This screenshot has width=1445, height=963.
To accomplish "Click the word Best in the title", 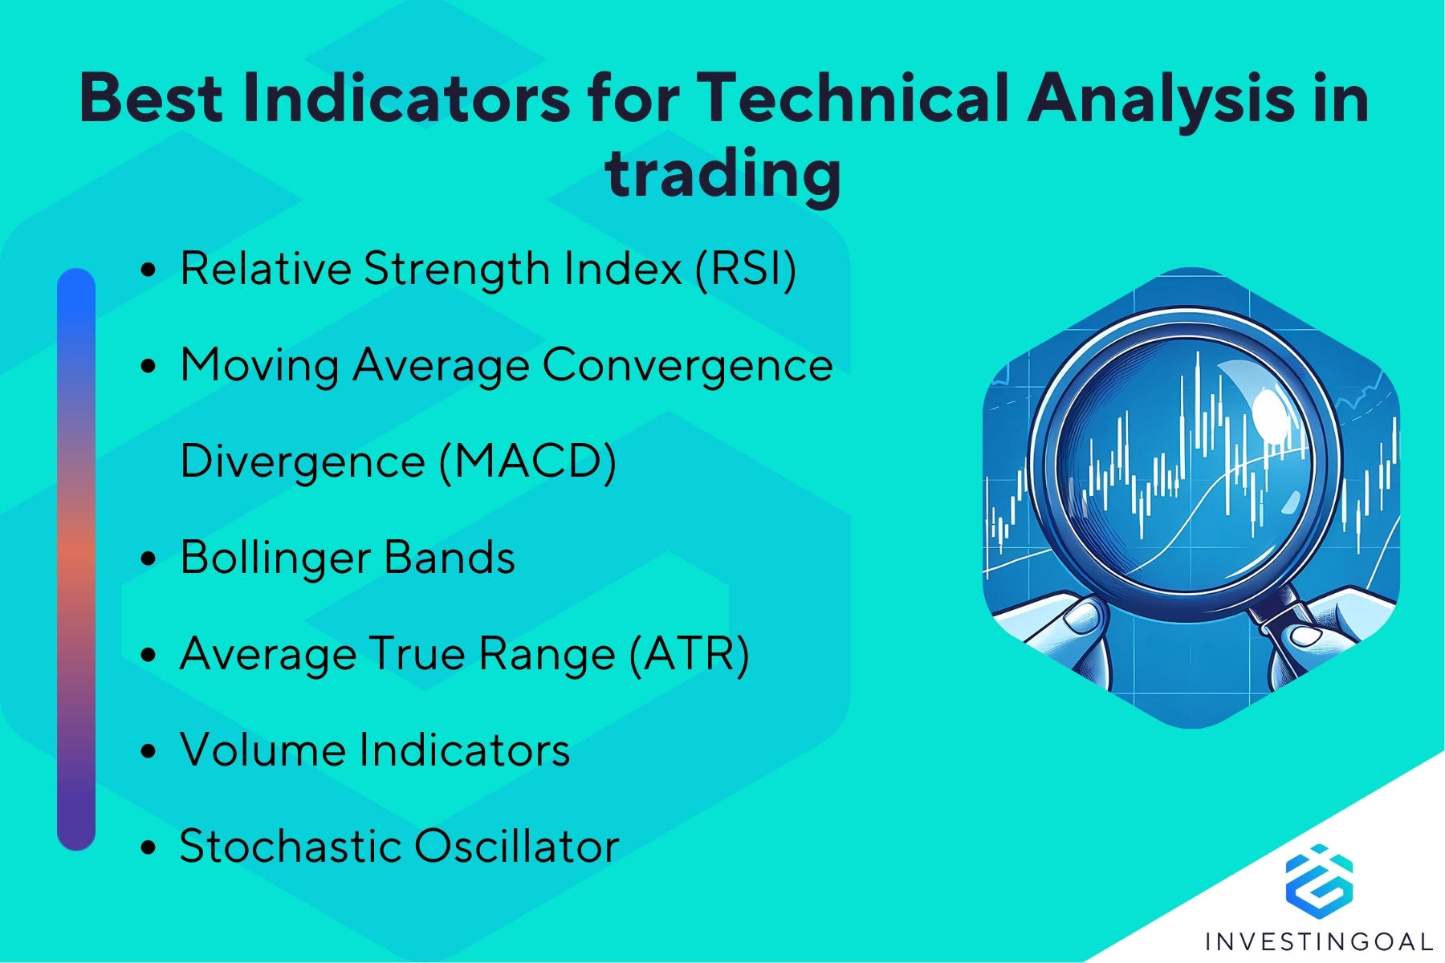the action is [x=151, y=98].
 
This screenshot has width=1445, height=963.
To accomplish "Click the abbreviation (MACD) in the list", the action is [x=528, y=461].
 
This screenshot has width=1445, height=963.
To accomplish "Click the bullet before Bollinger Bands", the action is [x=148, y=559].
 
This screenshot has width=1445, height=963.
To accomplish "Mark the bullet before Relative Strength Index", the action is [x=148, y=270].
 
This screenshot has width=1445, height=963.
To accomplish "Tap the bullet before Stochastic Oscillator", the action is [x=148, y=847].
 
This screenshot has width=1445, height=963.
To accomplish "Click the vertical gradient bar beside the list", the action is [x=76, y=559].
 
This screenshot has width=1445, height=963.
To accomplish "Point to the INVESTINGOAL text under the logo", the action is [x=1319, y=941].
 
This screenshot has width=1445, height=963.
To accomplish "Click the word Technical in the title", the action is [x=852, y=98].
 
